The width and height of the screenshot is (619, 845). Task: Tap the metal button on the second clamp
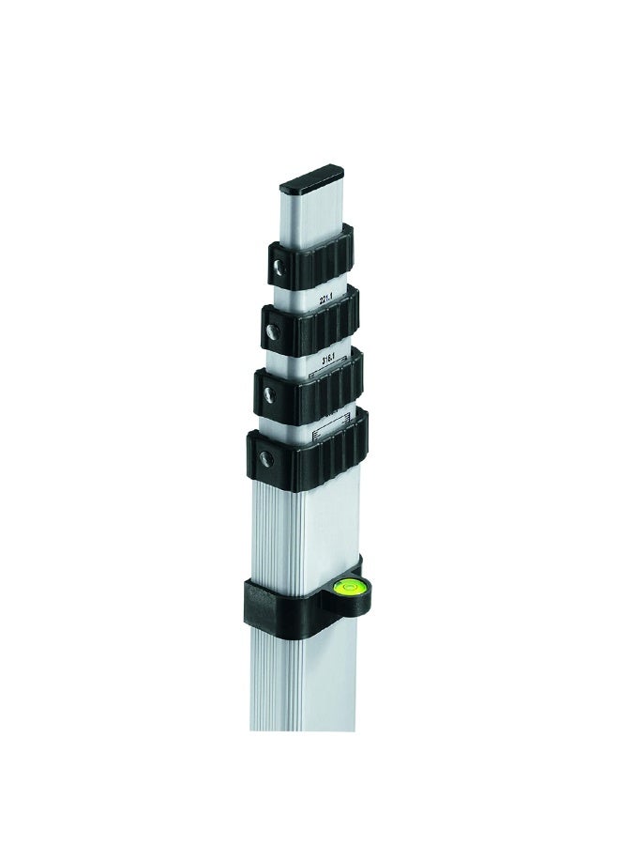271,331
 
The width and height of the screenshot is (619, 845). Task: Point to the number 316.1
329,359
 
